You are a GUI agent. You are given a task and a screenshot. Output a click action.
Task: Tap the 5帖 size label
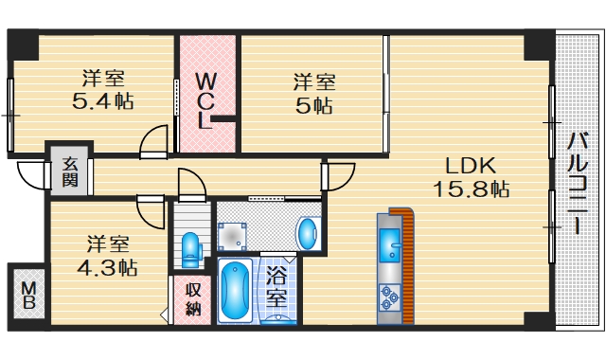click(312, 105)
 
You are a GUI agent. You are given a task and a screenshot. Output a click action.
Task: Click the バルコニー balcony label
click(575, 184)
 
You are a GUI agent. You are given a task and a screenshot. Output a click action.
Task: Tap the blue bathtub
click(235, 292)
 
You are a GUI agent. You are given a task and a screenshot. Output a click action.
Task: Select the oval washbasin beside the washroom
click(308, 232)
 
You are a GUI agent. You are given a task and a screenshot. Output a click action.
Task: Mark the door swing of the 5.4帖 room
click(151, 142)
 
